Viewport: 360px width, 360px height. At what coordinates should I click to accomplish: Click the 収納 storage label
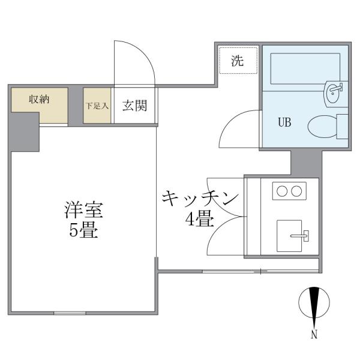point(39,99)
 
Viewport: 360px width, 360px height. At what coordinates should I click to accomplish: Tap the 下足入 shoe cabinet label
point(97,106)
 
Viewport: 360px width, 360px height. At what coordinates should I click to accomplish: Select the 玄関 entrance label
point(134,106)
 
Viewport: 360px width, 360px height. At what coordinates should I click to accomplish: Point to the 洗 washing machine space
point(238,61)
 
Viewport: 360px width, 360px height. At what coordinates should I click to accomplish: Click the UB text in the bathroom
point(284,122)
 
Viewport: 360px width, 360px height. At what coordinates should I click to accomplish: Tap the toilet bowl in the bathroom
point(322,126)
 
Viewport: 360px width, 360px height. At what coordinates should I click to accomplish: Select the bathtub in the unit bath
point(305,68)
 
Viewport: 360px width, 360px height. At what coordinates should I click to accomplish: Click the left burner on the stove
point(282,191)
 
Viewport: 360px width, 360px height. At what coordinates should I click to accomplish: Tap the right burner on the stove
point(296,191)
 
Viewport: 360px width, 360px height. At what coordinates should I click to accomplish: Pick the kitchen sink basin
point(289,236)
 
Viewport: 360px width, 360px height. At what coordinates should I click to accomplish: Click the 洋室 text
point(84,210)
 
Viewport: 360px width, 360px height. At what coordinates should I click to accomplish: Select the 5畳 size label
point(84,230)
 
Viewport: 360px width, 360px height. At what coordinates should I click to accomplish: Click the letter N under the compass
point(314,334)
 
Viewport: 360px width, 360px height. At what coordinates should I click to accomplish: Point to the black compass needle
point(314,302)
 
